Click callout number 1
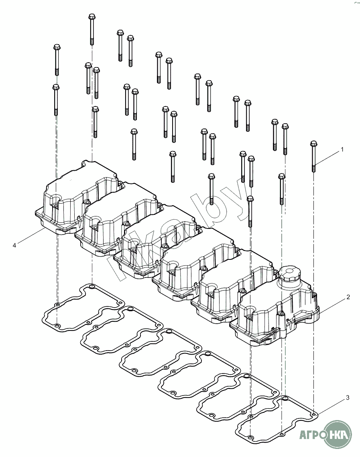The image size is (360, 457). click(x=342, y=149)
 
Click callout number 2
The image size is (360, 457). click(x=348, y=297)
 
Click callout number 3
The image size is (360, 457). click(x=348, y=398)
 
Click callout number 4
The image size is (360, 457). click(x=14, y=245)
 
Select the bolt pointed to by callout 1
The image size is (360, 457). click(x=313, y=157)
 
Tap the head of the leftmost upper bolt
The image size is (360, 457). click(x=57, y=47)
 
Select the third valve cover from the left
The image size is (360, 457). click(x=157, y=241)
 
